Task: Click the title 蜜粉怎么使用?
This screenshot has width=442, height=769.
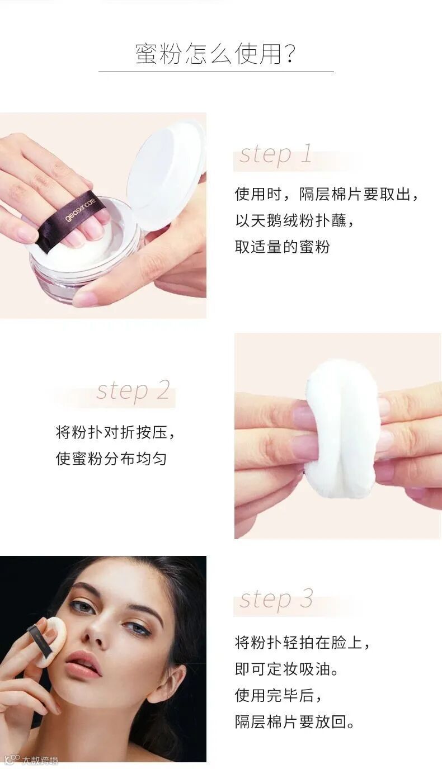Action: [215, 54]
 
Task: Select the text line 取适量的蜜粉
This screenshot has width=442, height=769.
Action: [283, 247]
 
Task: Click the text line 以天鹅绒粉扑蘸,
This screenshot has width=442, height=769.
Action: [294, 220]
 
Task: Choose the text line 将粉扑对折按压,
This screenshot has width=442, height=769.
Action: [115, 432]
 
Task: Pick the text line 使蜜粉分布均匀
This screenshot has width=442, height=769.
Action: [111, 458]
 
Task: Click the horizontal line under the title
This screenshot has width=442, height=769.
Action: [216, 72]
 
